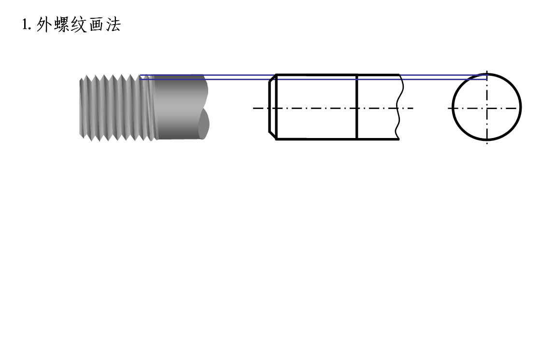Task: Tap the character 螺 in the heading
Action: point(62,25)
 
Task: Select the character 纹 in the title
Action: point(79,25)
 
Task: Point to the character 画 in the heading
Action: point(96,25)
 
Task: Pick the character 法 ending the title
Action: point(113,25)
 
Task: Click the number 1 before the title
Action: point(25,25)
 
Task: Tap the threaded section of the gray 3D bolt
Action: point(116,108)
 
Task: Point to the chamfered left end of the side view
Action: point(272,107)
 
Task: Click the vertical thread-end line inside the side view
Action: point(357,107)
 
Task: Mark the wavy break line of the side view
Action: point(399,107)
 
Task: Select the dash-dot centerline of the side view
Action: point(333,108)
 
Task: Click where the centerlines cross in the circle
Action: point(487,108)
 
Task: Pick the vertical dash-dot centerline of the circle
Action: point(487,107)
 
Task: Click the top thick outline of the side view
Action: point(338,75)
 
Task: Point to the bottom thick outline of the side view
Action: point(338,139)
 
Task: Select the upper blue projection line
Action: point(313,75)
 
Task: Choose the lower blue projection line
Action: point(313,80)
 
